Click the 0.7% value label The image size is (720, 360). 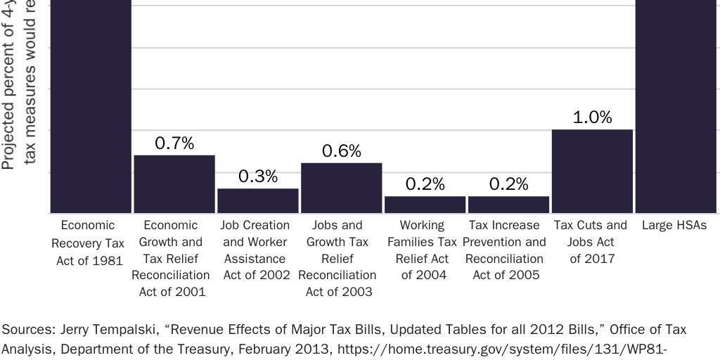(174, 143)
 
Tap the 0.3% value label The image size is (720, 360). (258, 176)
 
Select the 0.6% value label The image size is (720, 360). (342, 151)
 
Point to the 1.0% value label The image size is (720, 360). (592, 117)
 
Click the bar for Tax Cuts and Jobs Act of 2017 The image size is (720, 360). (592, 172)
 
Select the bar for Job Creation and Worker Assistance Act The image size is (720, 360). (258, 201)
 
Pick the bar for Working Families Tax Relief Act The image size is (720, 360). (425, 205)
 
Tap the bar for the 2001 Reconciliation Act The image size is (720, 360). (174, 184)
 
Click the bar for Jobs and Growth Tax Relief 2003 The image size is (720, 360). (342, 188)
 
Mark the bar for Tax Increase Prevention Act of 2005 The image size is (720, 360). (508, 205)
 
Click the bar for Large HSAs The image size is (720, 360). (676, 105)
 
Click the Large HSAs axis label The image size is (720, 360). (674, 226)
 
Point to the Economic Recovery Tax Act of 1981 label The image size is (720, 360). (88, 243)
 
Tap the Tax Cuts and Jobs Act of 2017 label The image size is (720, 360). (591, 242)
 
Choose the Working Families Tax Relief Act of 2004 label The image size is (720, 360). (423, 250)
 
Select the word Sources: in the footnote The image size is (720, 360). (26, 330)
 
